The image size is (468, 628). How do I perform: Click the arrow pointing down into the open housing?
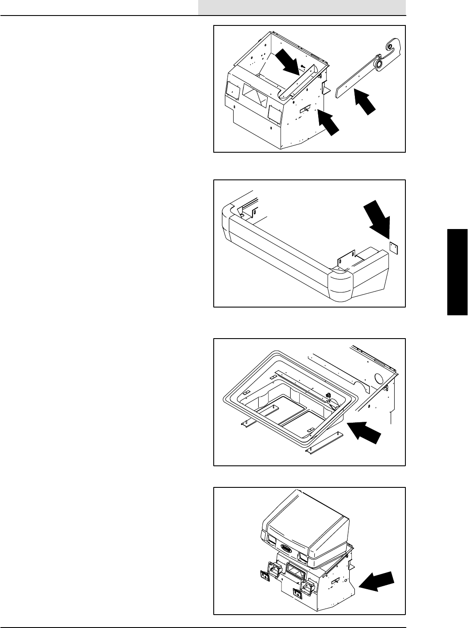[x=289, y=61]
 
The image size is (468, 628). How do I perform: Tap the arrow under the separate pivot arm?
[x=364, y=103]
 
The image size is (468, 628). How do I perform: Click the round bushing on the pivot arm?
[x=379, y=64]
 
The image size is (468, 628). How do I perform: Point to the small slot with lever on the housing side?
[x=305, y=110]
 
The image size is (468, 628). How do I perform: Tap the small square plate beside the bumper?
[x=393, y=247]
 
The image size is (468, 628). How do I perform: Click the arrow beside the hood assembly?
[x=376, y=582]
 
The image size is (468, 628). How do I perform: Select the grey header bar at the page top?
[x=302, y=7]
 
